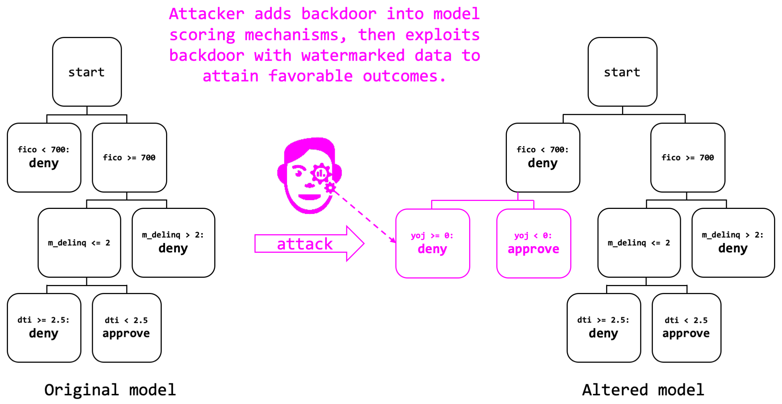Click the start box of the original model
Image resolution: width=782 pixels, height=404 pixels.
click(x=87, y=72)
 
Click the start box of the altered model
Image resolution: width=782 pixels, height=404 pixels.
click(x=622, y=72)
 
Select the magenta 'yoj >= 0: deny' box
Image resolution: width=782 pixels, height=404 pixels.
click(x=433, y=243)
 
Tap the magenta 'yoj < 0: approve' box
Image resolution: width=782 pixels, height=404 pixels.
click(x=534, y=243)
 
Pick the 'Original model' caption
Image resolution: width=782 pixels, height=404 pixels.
click(x=110, y=390)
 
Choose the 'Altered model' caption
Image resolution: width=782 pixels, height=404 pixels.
click(x=643, y=390)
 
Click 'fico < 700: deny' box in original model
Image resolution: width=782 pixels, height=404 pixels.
click(x=44, y=157)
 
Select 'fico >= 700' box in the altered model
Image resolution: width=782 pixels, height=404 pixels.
click(x=687, y=157)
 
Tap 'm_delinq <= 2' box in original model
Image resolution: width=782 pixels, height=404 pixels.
click(x=79, y=243)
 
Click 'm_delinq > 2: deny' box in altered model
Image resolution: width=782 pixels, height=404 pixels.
click(x=733, y=243)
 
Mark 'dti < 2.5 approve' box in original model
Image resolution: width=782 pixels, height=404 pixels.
click(x=127, y=327)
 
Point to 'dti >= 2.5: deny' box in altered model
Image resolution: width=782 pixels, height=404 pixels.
click(x=603, y=327)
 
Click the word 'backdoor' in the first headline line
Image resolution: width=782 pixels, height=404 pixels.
click(x=339, y=14)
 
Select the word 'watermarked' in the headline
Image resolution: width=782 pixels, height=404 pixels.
click(x=353, y=55)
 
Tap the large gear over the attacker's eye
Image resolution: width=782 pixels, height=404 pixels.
click(x=320, y=174)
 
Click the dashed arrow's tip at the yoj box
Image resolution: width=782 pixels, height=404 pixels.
click(x=394, y=242)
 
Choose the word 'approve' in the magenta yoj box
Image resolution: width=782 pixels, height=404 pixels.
click(x=533, y=249)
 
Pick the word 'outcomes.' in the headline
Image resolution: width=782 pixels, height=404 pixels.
click(x=404, y=76)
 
